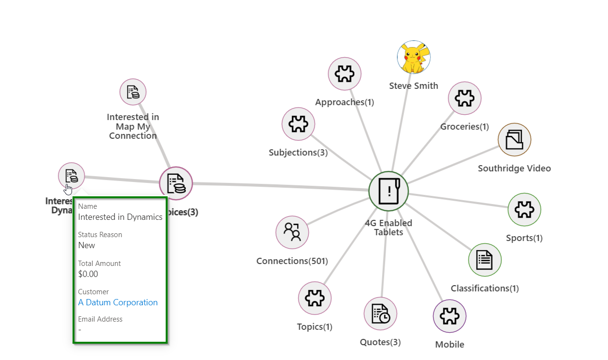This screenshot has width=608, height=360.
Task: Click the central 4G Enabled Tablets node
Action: [389, 191]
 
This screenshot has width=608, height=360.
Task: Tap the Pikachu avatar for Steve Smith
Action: [413, 57]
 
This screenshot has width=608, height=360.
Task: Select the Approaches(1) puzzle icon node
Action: [344, 74]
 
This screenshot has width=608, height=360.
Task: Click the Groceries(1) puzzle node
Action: [464, 98]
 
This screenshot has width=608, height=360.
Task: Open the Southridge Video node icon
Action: [514, 140]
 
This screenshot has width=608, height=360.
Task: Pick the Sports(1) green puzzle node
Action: [524, 210]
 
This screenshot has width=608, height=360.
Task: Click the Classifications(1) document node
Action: [485, 260]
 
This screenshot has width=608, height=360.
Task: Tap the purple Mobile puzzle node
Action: [450, 316]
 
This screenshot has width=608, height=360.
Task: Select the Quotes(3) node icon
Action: [380, 314]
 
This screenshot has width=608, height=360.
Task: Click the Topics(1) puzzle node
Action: [315, 298]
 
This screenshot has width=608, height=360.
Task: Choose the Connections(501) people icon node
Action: [292, 232]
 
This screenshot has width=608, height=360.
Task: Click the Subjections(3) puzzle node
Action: [298, 124]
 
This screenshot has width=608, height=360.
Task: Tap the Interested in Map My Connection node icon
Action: [133, 92]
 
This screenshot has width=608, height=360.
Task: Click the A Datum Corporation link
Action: [118, 302]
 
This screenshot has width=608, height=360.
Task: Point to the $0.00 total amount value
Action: [88, 274]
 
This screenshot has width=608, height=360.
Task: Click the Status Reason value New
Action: [86, 245]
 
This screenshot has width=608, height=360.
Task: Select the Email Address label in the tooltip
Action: [100, 319]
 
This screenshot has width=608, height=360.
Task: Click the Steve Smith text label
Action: [413, 86]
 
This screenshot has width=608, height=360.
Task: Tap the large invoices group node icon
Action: [176, 183]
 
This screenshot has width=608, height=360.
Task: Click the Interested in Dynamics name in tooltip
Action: [120, 217]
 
